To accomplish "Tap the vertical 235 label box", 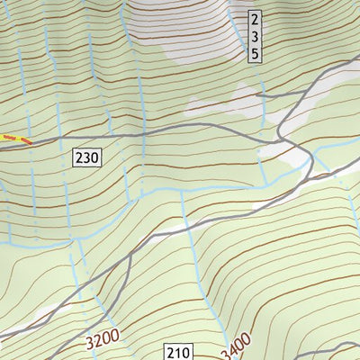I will [x=255, y=37].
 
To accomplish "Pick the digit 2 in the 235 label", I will [x=255, y=20].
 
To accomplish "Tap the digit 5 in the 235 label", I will [x=255, y=54].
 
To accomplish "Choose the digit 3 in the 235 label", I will [x=255, y=37].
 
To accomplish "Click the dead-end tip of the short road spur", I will [x=257, y=94].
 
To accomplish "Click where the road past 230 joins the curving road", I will [x=279, y=142].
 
